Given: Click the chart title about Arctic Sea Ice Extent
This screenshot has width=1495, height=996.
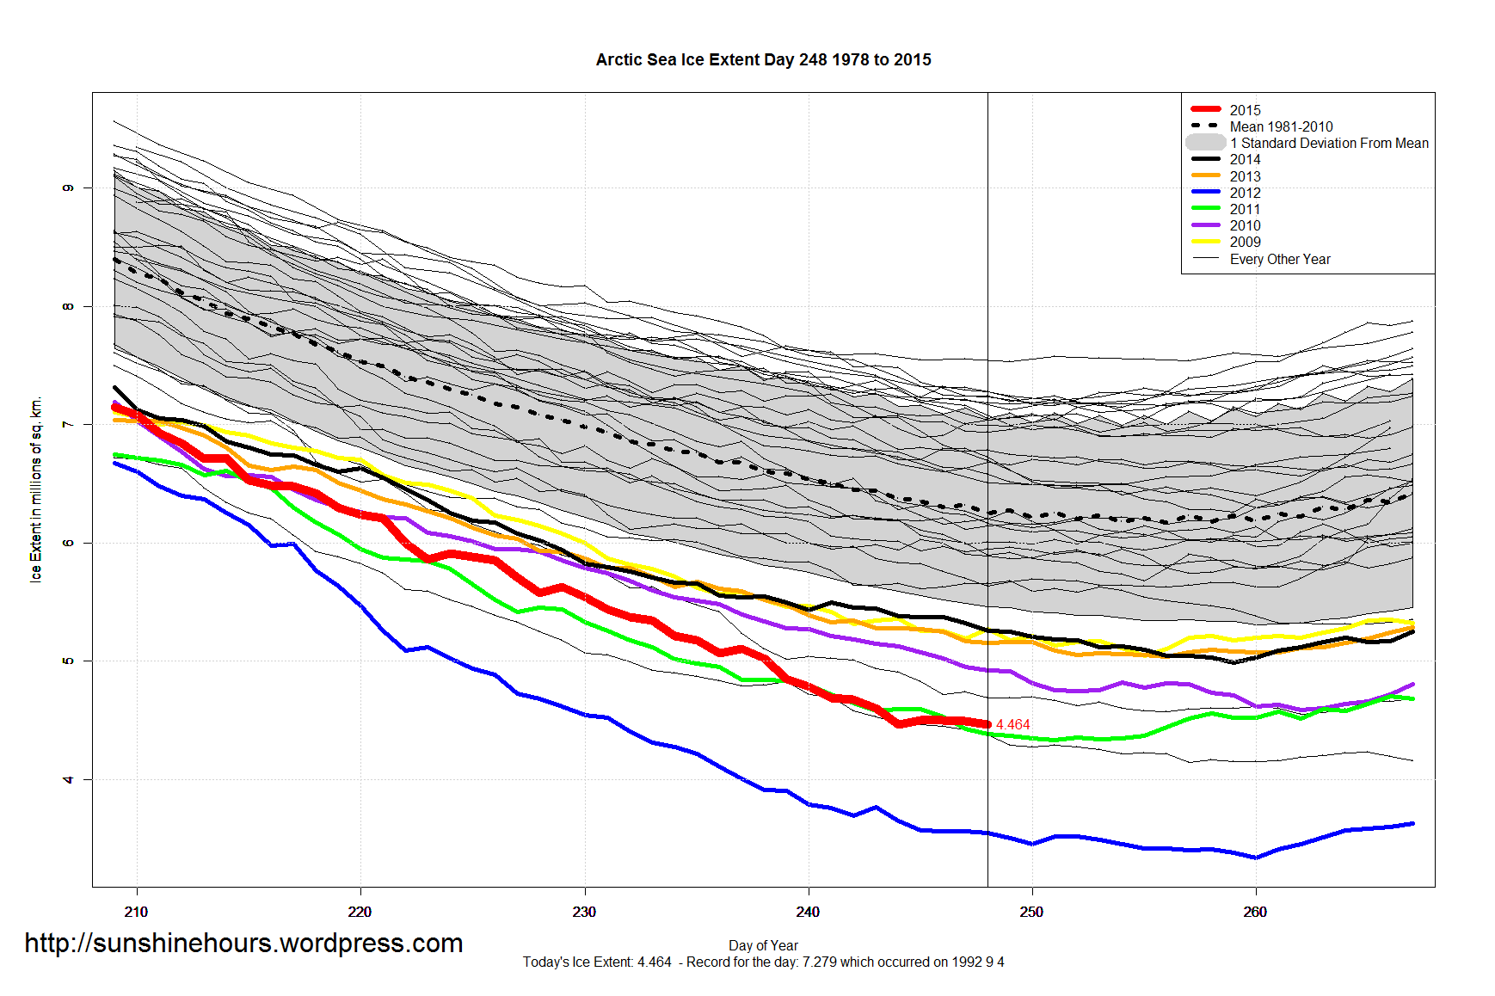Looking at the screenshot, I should tap(763, 60).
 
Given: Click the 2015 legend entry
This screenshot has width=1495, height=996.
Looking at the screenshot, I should tap(1244, 110).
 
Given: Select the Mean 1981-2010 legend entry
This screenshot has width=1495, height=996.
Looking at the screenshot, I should tap(1280, 126).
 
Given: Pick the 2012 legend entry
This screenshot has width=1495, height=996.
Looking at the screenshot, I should tap(1244, 193).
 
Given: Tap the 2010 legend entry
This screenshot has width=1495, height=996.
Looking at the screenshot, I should tap(1244, 225).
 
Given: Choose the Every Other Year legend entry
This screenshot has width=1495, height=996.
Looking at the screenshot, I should tap(1279, 259).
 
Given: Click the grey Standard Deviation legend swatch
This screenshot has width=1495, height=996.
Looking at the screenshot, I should tap(1205, 143).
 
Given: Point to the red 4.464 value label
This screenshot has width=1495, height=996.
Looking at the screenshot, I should tap(1012, 725).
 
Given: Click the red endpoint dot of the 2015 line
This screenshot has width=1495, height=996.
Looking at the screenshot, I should tap(987, 724).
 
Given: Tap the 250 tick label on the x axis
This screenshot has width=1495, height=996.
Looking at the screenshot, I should tap(1031, 912).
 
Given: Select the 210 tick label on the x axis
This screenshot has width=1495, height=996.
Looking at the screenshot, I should tap(136, 912).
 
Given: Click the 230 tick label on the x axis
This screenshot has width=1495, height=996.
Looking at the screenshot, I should tap(584, 912).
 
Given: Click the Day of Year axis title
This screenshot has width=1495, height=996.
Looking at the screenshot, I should tap(763, 945).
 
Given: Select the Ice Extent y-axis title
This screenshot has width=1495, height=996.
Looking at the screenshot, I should tap(36, 489).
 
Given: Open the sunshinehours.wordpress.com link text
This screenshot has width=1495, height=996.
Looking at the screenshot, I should tap(243, 944).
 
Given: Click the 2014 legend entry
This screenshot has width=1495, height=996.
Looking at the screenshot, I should tap(1244, 159).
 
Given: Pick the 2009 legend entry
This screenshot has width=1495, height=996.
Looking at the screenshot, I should tap(1244, 242).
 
